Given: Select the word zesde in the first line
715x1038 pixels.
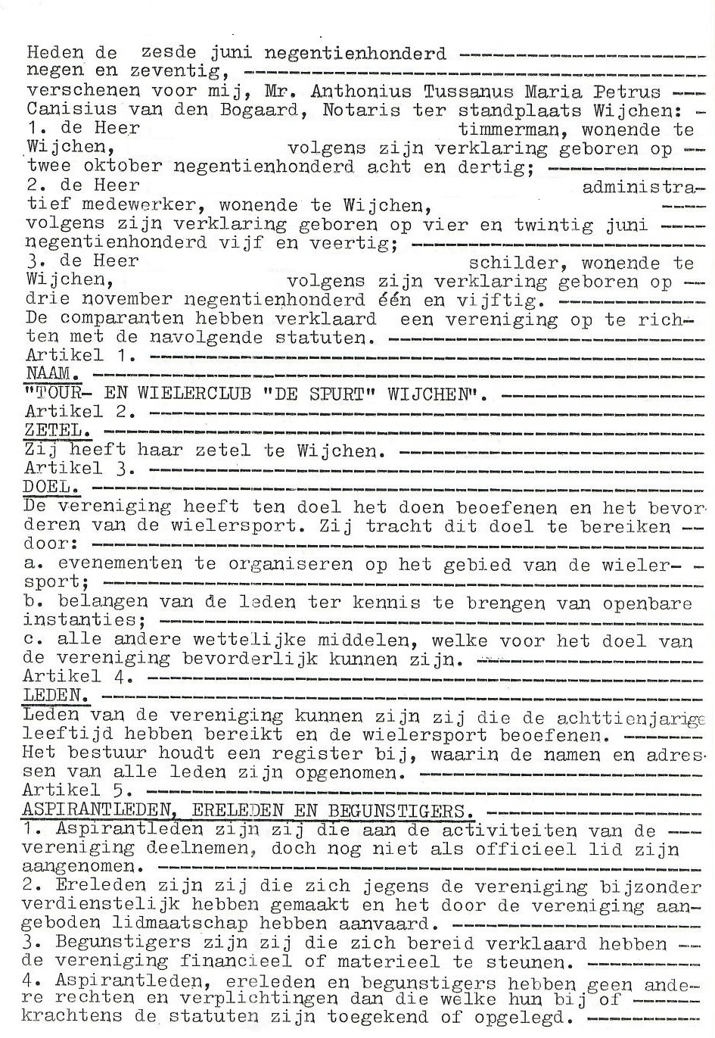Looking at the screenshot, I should [x=168, y=53].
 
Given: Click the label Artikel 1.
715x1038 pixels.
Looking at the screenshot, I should [x=79, y=355].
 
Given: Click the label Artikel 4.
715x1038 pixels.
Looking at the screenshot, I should [x=79, y=677].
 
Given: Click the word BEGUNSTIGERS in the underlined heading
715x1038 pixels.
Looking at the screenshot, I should [x=396, y=810].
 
